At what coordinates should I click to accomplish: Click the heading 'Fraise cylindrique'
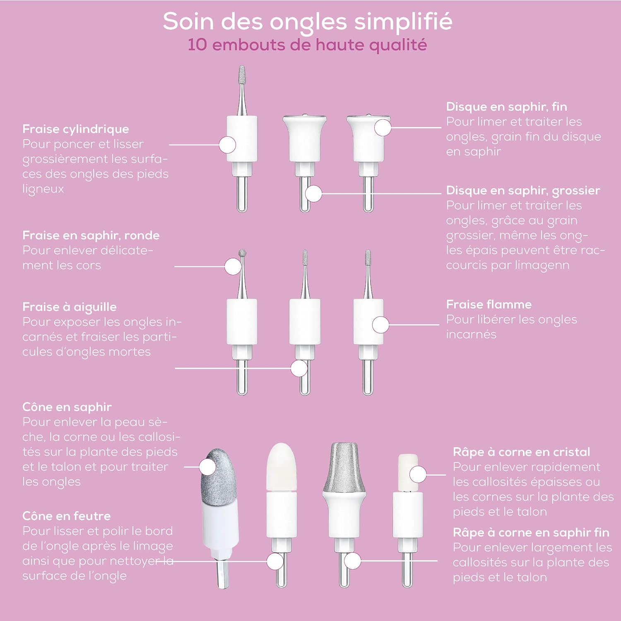click(76, 129)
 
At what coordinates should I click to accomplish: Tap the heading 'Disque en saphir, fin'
click(506, 107)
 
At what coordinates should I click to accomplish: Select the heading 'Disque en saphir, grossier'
click(523, 190)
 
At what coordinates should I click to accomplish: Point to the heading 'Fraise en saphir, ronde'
click(91, 236)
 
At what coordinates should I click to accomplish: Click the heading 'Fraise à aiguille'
click(70, 307)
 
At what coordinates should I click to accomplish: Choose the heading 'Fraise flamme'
click(489, 305)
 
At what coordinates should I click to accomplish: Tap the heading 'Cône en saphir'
click(67, 407)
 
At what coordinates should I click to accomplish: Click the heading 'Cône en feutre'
click(67, 516)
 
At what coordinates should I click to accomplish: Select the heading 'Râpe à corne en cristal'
click(522, 452)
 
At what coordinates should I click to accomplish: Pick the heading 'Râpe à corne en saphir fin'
click(531, 532)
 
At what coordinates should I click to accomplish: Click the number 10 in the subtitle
click(197, 45)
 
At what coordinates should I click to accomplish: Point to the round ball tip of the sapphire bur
click(243, 253)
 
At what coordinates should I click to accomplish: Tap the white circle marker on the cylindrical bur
click(227, 145)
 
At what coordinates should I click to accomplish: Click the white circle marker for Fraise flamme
click(380, 325)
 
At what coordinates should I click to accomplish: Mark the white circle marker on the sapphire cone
click(207, 467)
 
